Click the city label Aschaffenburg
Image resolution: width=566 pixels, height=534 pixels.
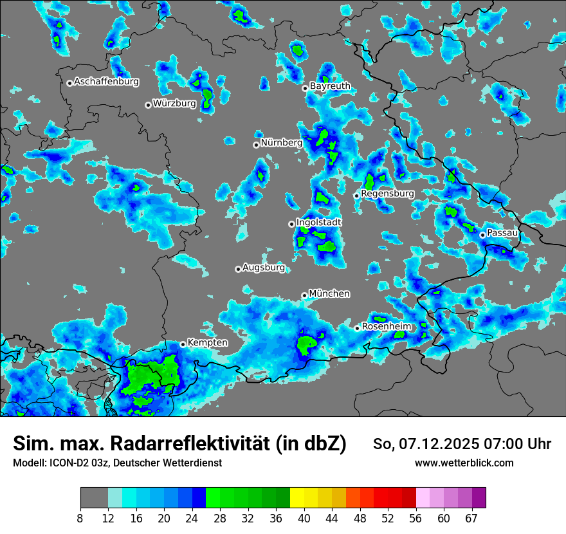(106, 82)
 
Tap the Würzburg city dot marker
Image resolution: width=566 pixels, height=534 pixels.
(148, 105)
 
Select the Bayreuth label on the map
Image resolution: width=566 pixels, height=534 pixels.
(330, 86)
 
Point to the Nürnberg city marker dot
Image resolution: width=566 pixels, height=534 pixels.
(256, 145)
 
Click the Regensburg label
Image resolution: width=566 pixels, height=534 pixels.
(387, 193)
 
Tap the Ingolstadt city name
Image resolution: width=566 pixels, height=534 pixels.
(318, 222)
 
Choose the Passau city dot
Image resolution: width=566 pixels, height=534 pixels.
(482, 235)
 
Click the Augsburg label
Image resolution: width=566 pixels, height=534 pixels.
(263, 267)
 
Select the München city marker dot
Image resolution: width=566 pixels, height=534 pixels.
(304, 296)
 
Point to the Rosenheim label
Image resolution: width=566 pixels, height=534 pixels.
(386, 326)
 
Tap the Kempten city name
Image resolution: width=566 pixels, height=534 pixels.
(207, 342)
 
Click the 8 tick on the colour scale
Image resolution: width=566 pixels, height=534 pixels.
(80, 518)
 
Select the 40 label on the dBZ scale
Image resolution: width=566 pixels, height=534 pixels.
(304, 518)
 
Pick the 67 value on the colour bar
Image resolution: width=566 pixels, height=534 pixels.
(471, 518)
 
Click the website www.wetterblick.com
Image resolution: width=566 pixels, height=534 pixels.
(464, 463)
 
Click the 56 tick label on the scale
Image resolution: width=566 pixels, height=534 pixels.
(416, 518)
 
